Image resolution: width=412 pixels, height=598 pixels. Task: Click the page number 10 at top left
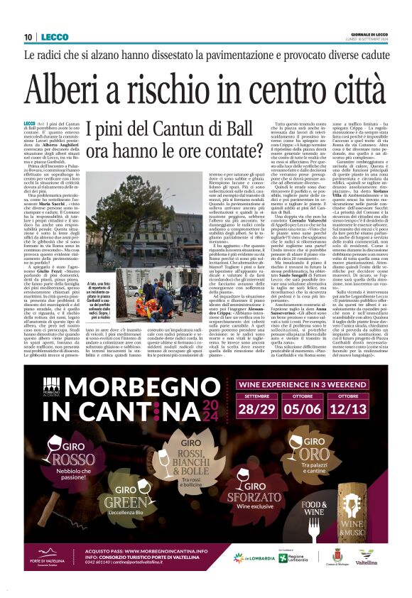click(x=28, y=37)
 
